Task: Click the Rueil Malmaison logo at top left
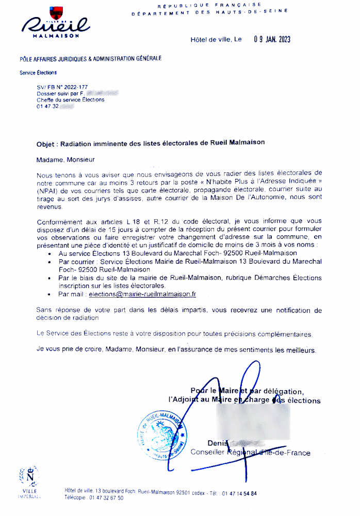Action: [x=56, y=23]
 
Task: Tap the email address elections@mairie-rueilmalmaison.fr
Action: [x=142, y=294]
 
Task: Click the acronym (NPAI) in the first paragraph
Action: [x=47, y=190]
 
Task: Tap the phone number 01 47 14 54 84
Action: [x=239, y=493]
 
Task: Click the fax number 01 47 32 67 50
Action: [x=106, y=498]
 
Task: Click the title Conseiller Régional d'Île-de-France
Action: [x=251, y=453]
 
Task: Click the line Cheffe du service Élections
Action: [x=70, y=100]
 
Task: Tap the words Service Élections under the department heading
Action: [x=38, y=73]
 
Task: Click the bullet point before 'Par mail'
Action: [x=49, y=295]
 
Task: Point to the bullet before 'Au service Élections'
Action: [x=49, y=254]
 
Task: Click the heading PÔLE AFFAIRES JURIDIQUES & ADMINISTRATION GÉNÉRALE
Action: [x=90, y=58]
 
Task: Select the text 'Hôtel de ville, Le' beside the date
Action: [x=216, y=40]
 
